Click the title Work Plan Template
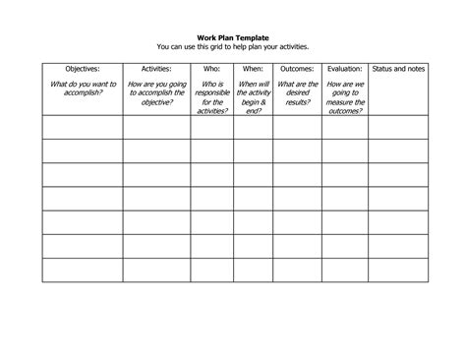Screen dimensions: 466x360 pos(232,37)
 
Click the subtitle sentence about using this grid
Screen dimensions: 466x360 pos(232,46)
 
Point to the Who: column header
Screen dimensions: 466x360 pos(212,70)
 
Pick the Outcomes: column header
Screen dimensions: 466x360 pos(297,70)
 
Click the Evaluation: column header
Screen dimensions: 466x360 pos(345,70)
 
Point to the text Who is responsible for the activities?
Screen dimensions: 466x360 pos(212,97)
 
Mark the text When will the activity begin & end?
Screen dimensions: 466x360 pos(255,97)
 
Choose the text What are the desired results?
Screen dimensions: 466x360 pos(297,93)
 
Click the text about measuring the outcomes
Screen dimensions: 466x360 pos(345,97)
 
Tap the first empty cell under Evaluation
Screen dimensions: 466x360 pos(345,127)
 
